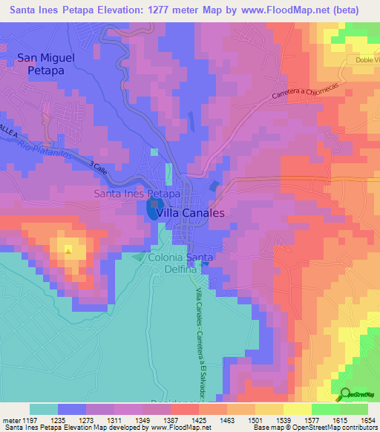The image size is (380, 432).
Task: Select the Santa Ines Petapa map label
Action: pyautogui.click(x=137, y=194)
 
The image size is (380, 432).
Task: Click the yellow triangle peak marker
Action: pyautogui.click(x=68, y=250)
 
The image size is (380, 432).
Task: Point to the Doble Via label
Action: pyautogui.click(x=364, y=61)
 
